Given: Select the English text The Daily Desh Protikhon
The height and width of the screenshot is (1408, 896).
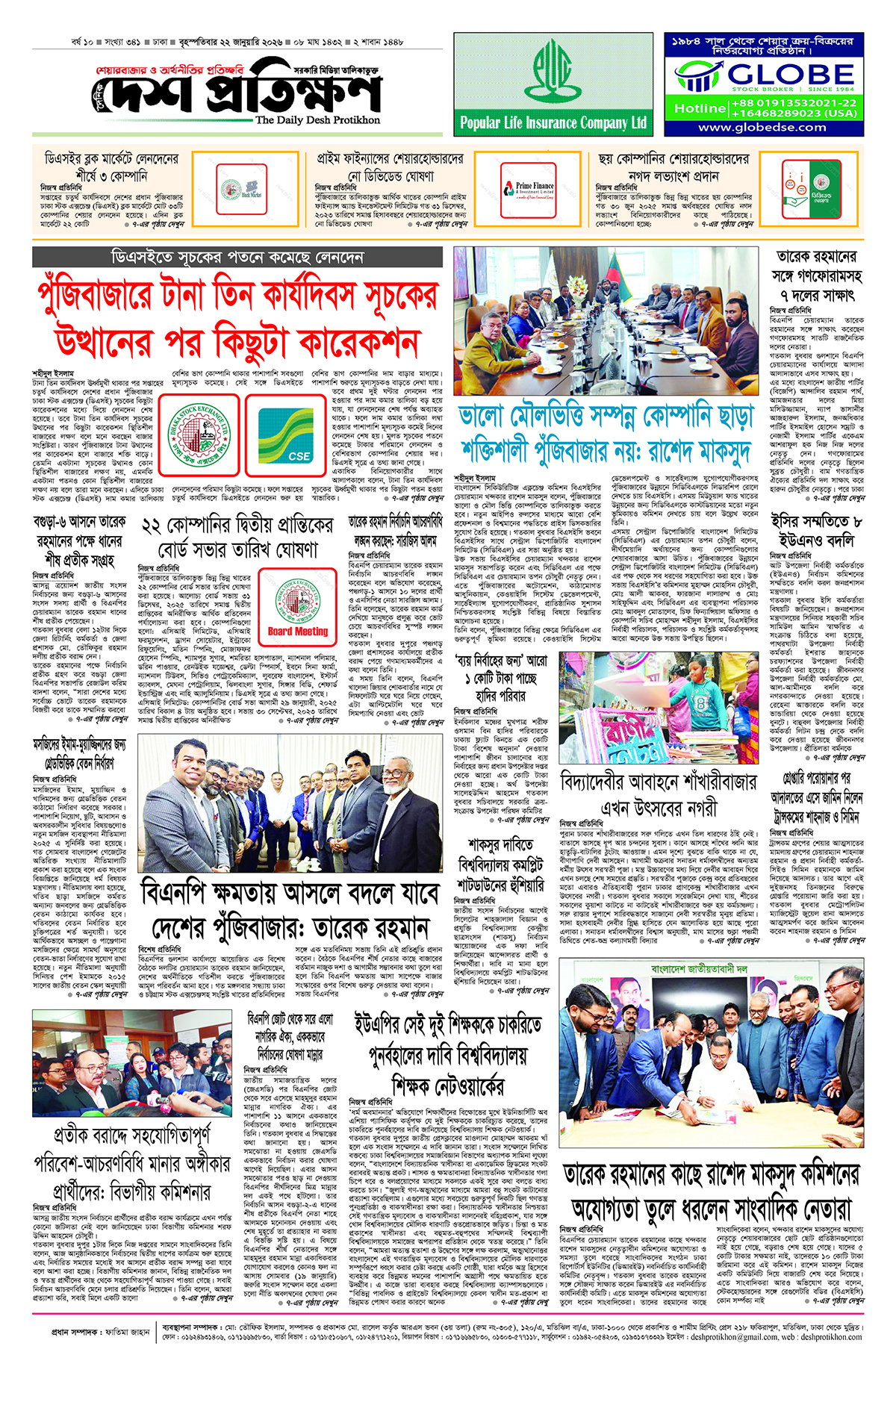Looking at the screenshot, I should (x=317, y=119).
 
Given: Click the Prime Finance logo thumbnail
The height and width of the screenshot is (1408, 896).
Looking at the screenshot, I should (x=535, y=190).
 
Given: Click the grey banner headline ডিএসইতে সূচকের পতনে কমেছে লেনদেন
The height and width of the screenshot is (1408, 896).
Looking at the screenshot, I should (x=237, y=258).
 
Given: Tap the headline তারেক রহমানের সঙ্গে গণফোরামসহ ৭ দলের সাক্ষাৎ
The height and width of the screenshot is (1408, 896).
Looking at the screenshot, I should (x=817, y=275).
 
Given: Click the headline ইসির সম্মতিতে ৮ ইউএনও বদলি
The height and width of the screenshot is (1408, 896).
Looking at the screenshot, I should (x=816, y=530).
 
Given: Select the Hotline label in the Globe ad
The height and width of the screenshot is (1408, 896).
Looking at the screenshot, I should (x=700, y=108).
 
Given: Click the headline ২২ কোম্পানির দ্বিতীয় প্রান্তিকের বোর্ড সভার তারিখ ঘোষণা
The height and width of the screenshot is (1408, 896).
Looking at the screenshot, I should (x=237, y=538).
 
